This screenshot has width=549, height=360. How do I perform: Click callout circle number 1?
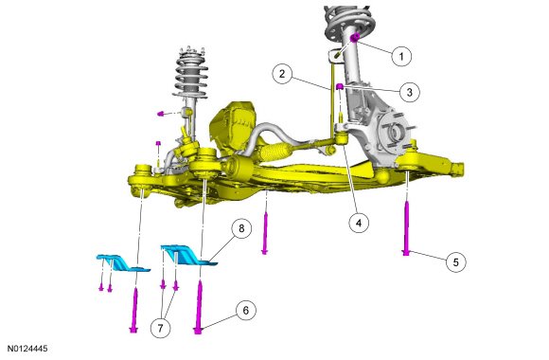401,56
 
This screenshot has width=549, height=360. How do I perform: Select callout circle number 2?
282,74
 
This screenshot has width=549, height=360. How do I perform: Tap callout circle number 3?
409,92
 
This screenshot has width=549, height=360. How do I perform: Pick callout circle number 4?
359,223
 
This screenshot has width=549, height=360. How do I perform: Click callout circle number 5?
456,262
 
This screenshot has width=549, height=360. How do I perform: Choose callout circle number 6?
245,310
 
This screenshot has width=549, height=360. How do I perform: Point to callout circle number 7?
160,328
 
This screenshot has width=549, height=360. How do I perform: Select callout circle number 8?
241,229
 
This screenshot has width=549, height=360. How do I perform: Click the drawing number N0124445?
27,349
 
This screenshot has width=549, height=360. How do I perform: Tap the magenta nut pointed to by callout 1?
355,37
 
